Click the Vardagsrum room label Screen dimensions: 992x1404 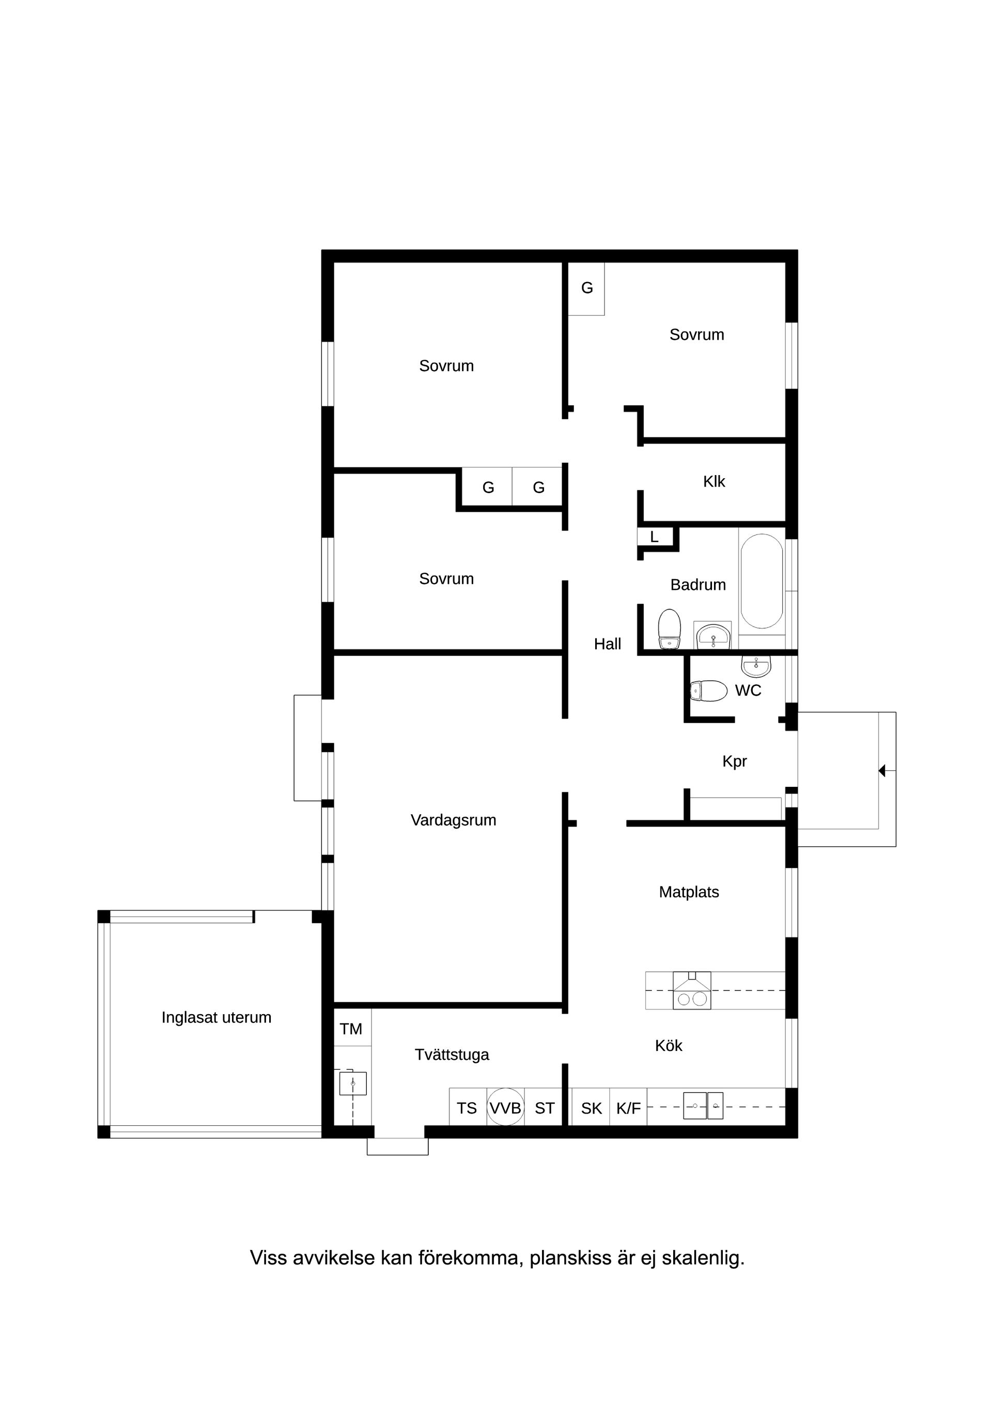point(453,820)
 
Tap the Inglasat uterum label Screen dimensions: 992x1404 point(216,1017)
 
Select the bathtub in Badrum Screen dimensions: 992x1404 point(762,581)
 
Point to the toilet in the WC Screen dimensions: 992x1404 point(708,691)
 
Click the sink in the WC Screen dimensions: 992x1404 point(756,666)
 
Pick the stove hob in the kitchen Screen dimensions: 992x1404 point(692,990)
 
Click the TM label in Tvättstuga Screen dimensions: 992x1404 point(351,1029)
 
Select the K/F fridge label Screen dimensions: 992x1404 point(628,1108)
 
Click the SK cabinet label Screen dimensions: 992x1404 point(591,1108)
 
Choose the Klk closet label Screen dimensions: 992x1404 point(714,481)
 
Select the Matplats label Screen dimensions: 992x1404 point(689,892)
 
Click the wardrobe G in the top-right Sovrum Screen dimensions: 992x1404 point(587,288)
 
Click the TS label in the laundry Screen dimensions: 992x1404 point(467,1108)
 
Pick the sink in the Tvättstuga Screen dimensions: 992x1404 point(353,1083)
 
